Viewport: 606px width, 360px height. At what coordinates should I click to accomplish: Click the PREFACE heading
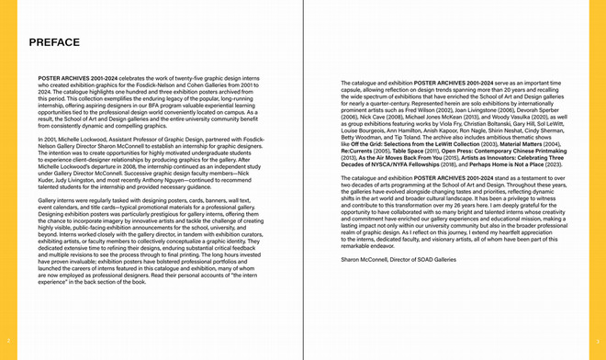tap(54, 43)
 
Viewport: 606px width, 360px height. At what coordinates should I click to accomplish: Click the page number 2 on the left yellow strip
tap(6, 339)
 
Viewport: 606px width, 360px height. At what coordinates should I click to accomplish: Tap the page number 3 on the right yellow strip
tap(599, 339)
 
